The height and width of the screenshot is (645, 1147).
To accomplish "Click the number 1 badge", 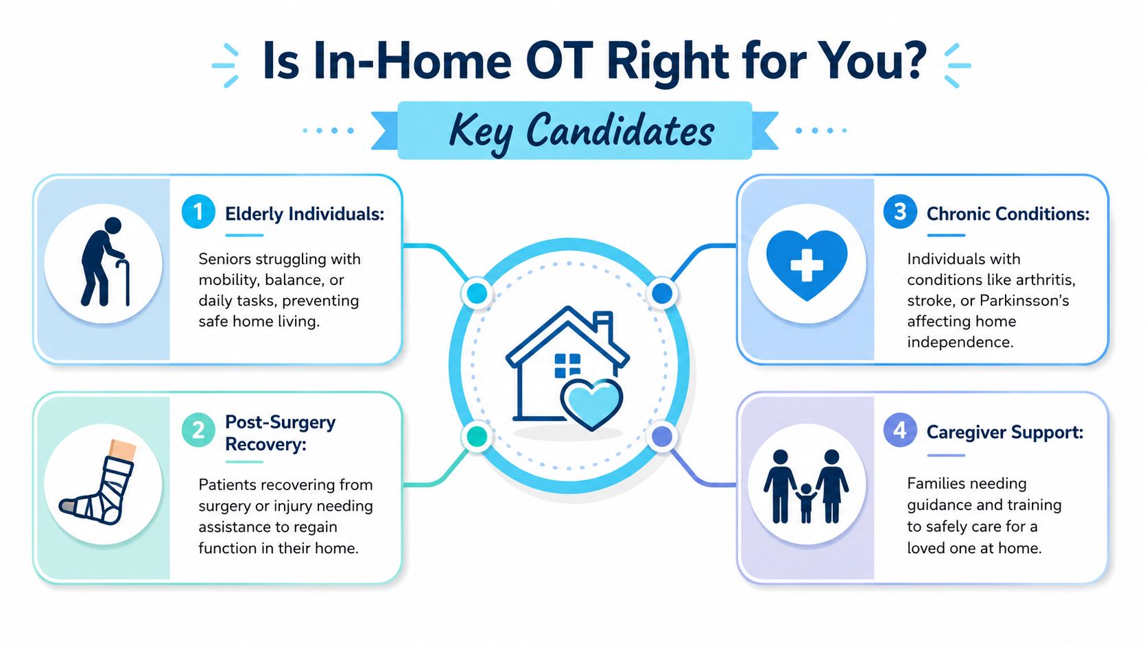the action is (x=198, y=212).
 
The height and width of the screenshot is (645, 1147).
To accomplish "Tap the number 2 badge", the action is (x=198, y=430).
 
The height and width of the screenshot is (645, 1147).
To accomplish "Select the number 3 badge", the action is (x=899, y=212).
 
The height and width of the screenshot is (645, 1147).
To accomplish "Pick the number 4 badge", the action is (x=899, y=430).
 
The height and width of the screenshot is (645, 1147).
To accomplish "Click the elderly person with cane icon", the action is (x=105, y=262).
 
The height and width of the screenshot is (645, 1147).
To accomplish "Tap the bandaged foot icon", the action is (x=98, y=482).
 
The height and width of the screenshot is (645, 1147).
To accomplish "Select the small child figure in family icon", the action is (x=806, y=503).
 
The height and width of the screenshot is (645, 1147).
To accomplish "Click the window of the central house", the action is (x=567, y=365).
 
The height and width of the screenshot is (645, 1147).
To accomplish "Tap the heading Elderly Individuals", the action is (x=305, y=214).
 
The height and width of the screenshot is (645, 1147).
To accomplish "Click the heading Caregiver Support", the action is (x=1004, y=433).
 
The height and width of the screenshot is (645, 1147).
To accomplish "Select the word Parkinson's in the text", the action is (x=1024, y=300).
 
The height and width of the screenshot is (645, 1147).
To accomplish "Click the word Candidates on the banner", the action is (x=620, y=130).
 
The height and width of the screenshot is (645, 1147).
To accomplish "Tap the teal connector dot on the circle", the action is (x=477, y=437).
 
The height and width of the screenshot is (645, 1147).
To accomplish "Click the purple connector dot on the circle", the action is (x=662, y=437).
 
